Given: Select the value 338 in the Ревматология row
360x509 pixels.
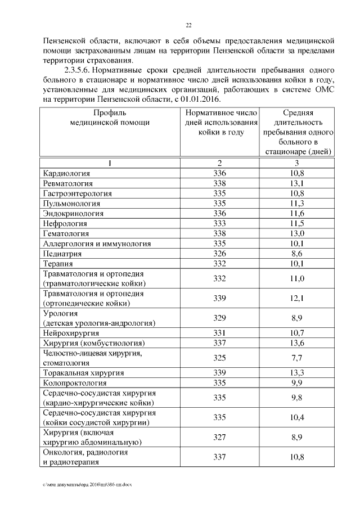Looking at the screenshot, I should (x=219, y=183).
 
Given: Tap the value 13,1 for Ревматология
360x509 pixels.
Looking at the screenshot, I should (x=297, y=183).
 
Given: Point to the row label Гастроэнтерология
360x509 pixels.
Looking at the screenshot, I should (x=77, y=193).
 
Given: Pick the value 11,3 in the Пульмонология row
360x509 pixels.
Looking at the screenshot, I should (x=297, y=203).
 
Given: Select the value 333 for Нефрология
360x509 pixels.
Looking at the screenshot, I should (x=219, y=223).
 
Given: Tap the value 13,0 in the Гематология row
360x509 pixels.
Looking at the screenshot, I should (x=297, y=233).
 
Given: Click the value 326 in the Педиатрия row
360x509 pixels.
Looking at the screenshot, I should (x=219, y=254).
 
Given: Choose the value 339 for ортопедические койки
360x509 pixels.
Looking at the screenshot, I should (x=219, y=298).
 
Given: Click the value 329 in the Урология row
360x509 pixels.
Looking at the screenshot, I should (x=219, y=318).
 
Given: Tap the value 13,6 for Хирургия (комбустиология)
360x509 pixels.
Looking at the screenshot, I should (x=297, y=343).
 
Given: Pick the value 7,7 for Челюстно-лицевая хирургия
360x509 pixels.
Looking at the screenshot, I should (x=297, y=358).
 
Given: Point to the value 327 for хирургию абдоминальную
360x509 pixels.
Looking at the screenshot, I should (x=219, y=437).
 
